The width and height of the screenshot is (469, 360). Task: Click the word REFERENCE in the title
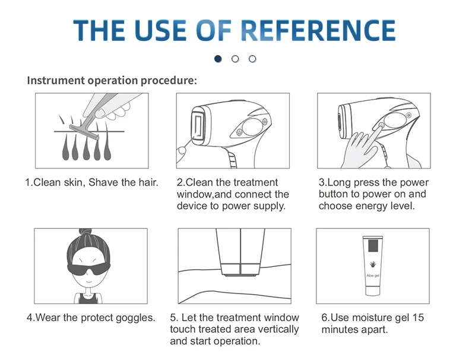coord(318,30)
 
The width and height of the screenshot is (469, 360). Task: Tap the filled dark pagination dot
coord(218,59)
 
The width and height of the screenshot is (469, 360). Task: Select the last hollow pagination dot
coord(252,59)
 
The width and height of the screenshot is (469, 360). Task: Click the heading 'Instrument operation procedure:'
coord(112,81)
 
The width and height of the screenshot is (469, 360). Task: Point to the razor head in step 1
coord(84,132)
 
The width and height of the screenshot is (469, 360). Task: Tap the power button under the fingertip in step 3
coord(381,125)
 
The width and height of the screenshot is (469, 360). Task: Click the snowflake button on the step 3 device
coord(408,115)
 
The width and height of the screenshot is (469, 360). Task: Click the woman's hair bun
coord(85,232)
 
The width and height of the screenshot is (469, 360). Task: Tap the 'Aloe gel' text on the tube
coord(373,275)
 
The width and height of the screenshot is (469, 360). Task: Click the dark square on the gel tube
coord(374,246)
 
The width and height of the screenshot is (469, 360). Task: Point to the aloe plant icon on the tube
coord(373,264)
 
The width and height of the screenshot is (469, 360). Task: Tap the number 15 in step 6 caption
coord(418,317)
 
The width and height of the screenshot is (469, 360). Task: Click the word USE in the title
coord(160,30)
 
